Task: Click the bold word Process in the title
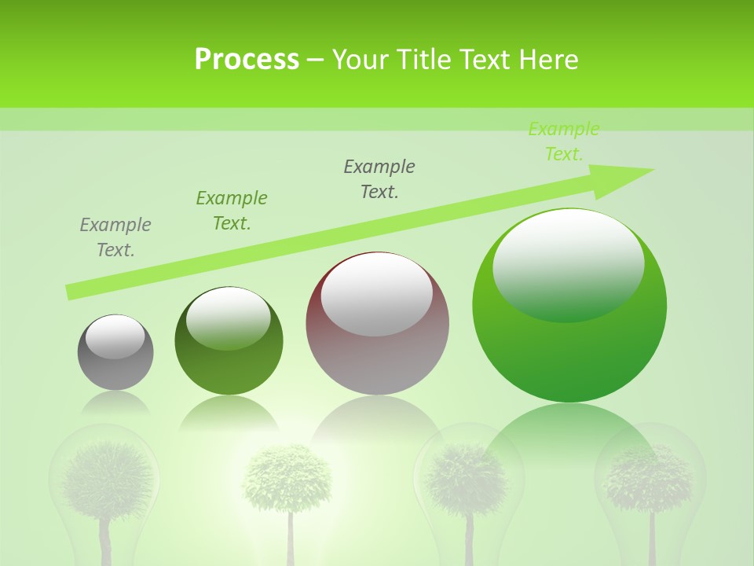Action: [247, 60]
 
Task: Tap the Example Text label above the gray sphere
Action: [115, 237]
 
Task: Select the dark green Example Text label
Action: [232, 211]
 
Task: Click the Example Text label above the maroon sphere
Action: [379, 179]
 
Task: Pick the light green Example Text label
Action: [564, 141]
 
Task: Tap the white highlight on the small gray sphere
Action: [115, 337]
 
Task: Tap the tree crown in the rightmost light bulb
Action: [650, 478]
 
